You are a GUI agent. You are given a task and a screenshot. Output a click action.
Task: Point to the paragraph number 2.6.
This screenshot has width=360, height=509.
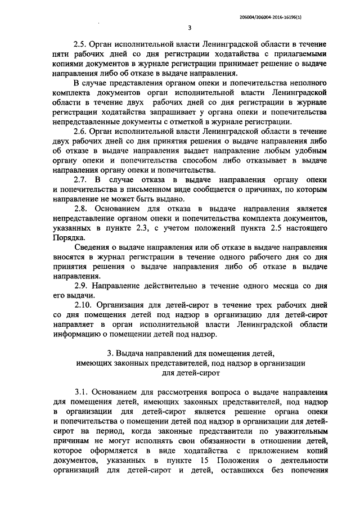(82, 130)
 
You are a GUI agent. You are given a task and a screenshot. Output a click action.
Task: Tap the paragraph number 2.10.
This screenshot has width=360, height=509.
(84, 305)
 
